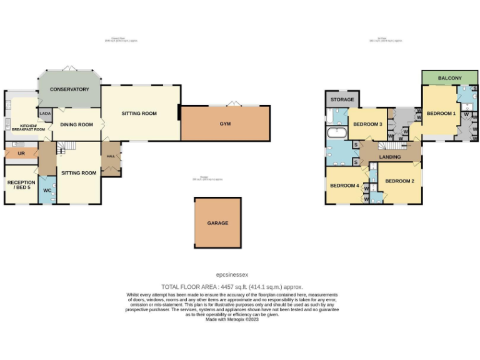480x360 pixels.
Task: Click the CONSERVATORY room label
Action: point(70,89)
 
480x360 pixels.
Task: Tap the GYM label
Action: point(225,124)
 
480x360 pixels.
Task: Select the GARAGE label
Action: point(217,223)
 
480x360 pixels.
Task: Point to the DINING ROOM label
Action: point(76,124)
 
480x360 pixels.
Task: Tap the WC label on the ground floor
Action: point(47,190)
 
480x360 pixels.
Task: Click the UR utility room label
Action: point(21,152)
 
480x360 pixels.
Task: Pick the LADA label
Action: point(45,113)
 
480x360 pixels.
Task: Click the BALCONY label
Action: point(450,78)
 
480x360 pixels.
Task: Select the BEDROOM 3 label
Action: point(367,124)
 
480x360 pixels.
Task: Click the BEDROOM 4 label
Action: point(344,186)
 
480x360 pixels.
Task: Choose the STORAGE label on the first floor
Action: point(342,99)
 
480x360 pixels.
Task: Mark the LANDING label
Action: point(389,157)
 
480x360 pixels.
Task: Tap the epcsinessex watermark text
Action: point(232,274)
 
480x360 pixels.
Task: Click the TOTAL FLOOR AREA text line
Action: point(232,286)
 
